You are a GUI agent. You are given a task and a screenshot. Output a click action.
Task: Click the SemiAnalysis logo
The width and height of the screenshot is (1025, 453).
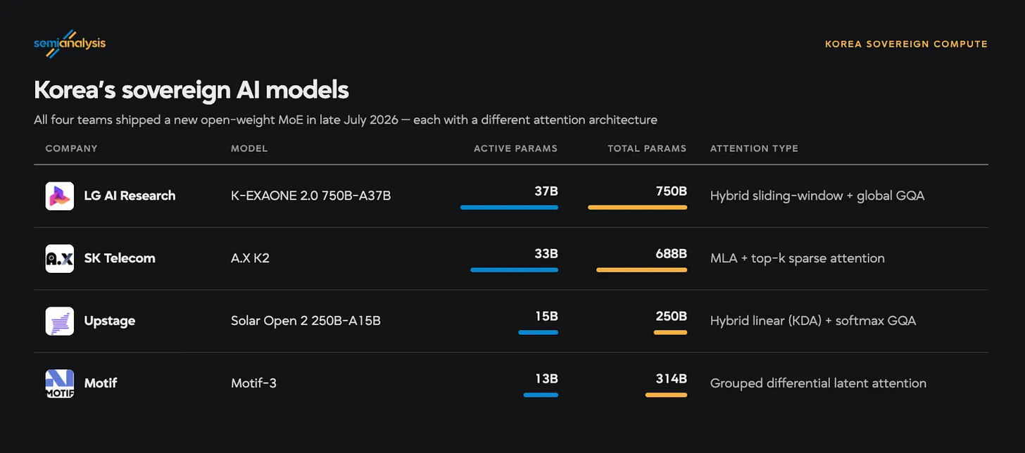[x=70, y=44]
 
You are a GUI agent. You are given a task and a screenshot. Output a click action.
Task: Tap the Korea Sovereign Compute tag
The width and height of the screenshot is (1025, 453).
[x=906, y=44]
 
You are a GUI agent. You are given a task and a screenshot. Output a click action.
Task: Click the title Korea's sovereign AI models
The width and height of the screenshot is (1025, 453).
[x=191, y=89]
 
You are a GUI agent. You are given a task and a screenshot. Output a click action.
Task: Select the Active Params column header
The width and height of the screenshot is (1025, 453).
[x=515, y=148]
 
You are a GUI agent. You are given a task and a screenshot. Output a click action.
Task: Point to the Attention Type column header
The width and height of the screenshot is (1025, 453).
[x=754, y=148]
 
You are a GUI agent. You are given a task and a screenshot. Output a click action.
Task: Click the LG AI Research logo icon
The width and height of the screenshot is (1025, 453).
[x=59, y=196]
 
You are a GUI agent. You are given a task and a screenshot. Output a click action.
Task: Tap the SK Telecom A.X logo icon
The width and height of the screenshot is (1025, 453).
[x=59, y=259]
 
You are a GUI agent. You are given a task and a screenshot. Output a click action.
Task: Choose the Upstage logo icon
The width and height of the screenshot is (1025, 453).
[x=59, y=321]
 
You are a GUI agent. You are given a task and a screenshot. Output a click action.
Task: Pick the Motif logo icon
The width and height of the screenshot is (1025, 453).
[x=59, y=383]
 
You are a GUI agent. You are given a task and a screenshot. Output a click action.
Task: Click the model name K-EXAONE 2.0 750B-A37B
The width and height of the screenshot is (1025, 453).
[x=310, y=196]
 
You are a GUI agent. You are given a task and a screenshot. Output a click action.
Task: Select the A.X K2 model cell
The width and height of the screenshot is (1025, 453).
[x=250, y=258]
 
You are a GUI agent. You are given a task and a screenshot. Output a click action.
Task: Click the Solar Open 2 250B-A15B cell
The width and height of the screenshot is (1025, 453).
[x=306, y=321]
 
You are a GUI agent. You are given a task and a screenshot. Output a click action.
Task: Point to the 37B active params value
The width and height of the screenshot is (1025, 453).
[x=546, y=191]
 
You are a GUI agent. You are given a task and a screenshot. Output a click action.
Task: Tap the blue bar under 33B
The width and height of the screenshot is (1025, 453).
[x=515, y=269]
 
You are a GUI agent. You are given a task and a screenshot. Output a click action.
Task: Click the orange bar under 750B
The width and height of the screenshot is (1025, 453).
[x=637, y=208]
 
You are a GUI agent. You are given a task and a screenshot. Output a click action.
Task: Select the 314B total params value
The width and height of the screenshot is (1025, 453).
[x=672, y=378]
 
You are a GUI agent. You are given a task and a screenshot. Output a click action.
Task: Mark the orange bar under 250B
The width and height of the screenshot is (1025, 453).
[x=670, y=332]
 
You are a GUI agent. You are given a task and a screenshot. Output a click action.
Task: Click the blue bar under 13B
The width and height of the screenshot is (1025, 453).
[x=541, y=395]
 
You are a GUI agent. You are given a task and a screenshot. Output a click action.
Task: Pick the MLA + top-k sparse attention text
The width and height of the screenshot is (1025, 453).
[x=797, y=258]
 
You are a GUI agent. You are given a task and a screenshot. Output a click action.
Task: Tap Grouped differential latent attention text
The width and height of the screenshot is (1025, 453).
[x=818, y=383]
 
